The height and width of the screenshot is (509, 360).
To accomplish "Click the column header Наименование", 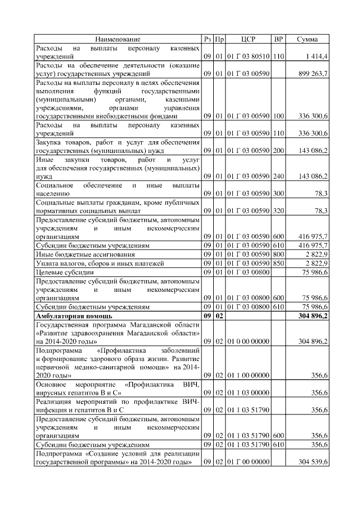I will [118, 39].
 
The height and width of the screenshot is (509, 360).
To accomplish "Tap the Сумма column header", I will [308, 39].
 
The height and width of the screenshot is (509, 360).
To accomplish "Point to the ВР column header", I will [278, 39].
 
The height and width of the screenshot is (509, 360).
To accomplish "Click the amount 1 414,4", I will [317, 57].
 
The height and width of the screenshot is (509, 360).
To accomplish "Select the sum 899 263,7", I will [312, 74].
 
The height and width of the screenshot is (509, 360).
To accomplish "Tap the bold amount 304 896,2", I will [311, 317].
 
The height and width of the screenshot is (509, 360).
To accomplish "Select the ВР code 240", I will [278, 177].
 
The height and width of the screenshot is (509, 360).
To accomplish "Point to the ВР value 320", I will [278, 211].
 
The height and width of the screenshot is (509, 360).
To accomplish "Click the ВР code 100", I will [278, 116].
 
